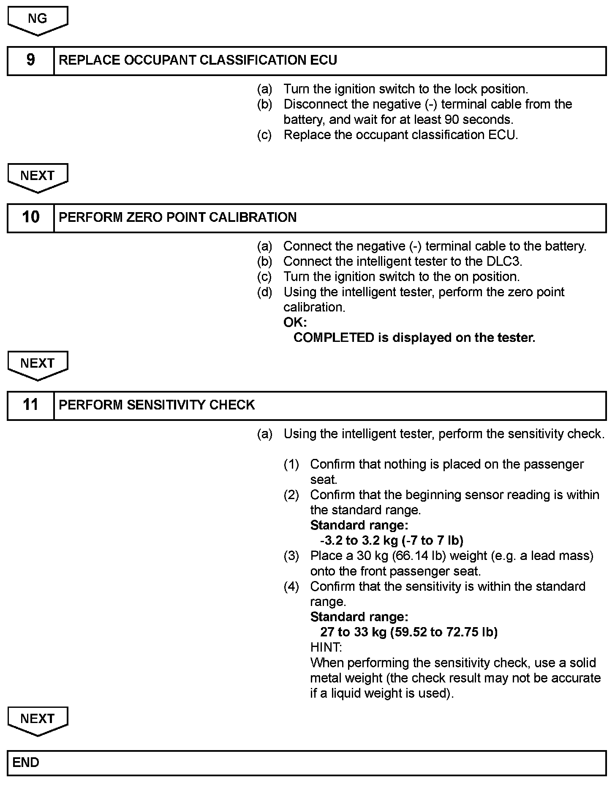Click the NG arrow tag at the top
tap(38, 19)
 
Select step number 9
tap(30, 60)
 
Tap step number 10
tap(30, 218)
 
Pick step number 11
tap(30, 405)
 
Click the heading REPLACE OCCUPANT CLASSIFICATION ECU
tap(198, 60)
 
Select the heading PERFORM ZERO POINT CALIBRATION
tap(177, 218)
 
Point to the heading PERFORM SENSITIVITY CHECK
tap(157, 405)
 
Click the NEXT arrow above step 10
tap(38, 177)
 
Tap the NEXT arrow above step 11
tap(38, 364)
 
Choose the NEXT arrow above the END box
tap(38, 720)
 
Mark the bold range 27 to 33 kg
tap(353, 632)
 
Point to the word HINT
tap(326, 647)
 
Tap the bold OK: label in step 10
tap(295, 322)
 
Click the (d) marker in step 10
tap(265, 292)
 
